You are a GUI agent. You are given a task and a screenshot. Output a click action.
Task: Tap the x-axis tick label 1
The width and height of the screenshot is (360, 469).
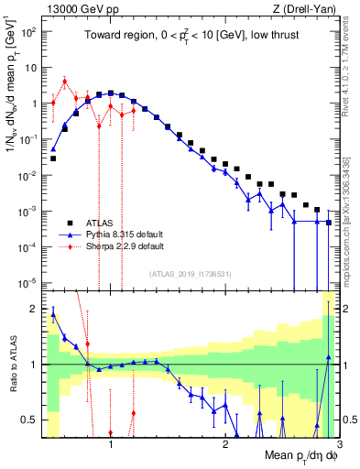click(x=111, y=446)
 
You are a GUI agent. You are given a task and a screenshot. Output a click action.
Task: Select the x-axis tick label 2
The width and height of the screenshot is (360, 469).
click(x=225, y=446)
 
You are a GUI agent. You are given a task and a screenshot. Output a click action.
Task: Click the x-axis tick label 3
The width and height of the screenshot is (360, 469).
click(x=338, y=446)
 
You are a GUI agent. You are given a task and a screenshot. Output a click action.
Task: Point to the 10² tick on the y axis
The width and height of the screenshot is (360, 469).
click(x=31, y=32)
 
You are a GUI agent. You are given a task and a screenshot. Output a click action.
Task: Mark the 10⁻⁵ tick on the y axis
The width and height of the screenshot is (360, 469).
click(x=31, y=282)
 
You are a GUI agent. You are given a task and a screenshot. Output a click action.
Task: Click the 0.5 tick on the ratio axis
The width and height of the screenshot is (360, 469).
click(x=30, y=420)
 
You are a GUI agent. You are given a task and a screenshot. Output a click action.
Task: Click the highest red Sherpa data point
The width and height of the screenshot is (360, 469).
click(x=64, y=81)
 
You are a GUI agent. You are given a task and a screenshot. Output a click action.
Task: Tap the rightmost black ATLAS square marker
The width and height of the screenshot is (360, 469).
click(x=329, y=223)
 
